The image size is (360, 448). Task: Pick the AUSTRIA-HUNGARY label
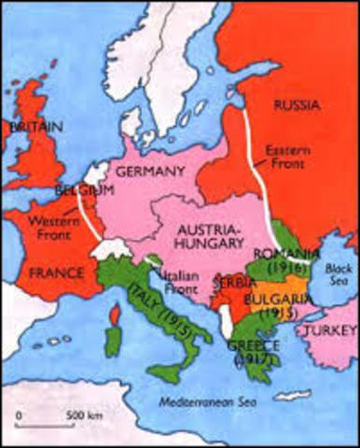(215, 237)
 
